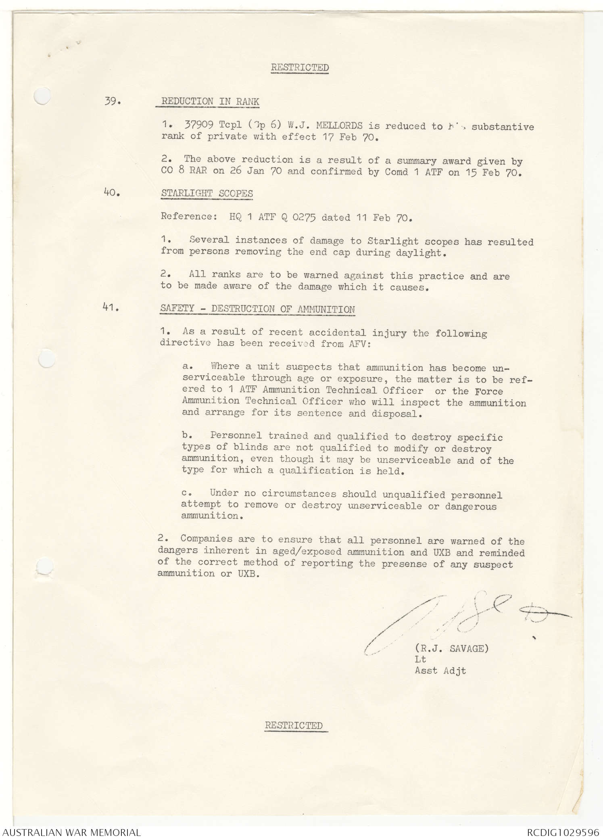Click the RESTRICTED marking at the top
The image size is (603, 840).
coord(300,67)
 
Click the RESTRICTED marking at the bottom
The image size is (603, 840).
coord(294,725)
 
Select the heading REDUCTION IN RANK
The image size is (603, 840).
coord(210,101)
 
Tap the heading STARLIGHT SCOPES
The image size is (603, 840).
coord(207,193)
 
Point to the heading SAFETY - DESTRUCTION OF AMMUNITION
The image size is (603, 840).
coord(257,309)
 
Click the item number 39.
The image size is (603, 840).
coord(113,101)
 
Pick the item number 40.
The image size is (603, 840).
coord(112,192)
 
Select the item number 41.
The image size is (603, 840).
coord(111,307)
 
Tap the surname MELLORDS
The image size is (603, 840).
coord(339,125)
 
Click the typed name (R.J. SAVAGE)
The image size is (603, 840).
coord(451,649)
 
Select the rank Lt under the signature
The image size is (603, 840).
coord(420,660)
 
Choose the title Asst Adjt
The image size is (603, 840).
coord(440,671)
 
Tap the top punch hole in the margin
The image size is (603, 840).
coord(42,96)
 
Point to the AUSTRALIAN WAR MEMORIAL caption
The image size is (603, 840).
coord(71,832)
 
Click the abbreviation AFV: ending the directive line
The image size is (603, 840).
coord(356,344)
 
